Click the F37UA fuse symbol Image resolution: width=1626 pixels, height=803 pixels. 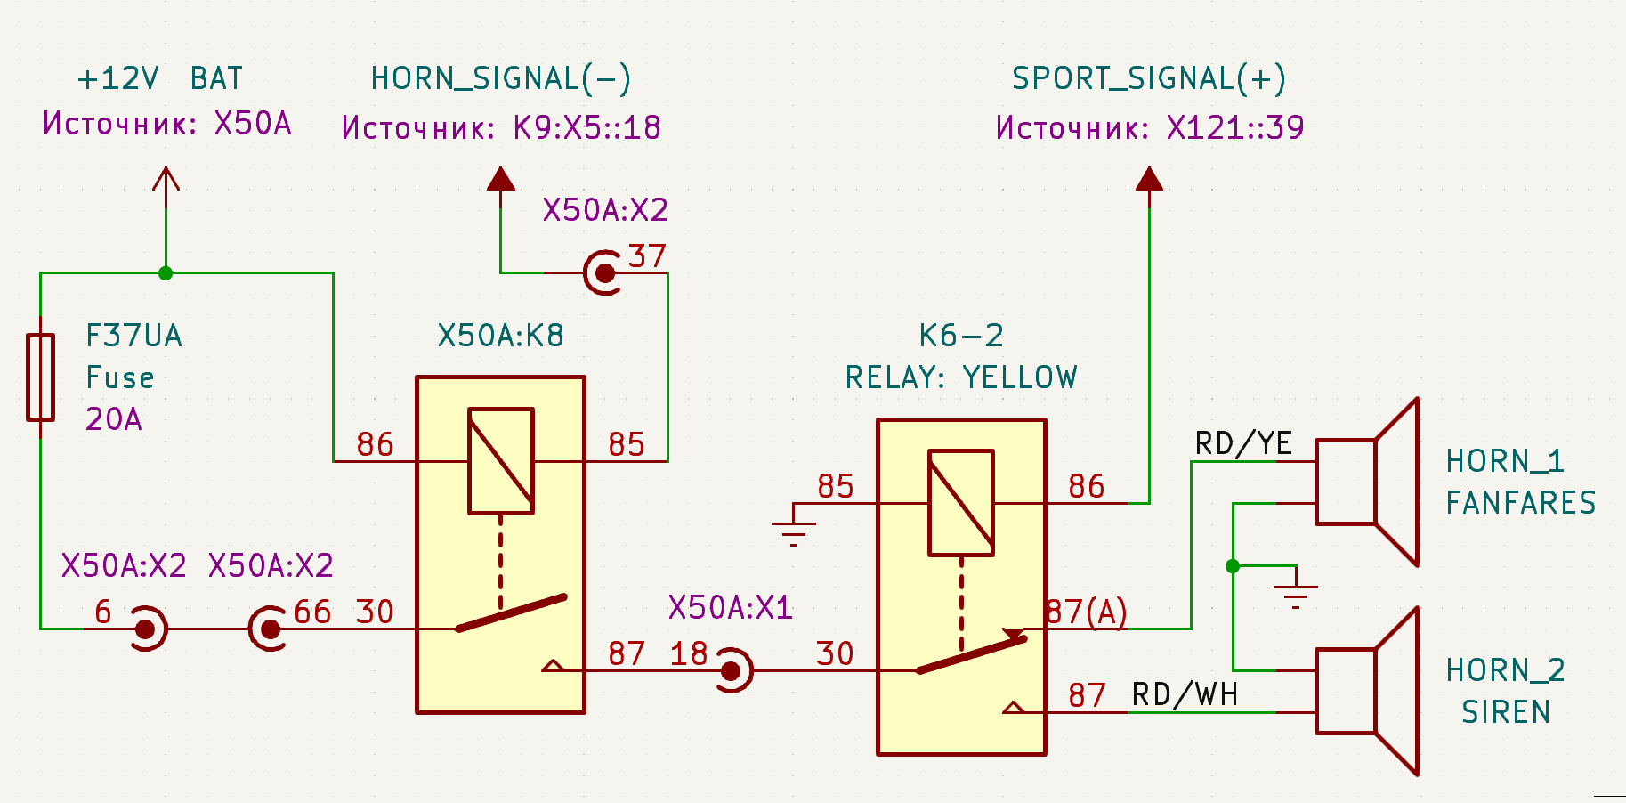[40, 377]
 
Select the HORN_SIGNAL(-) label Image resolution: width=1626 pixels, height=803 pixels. [501, 78]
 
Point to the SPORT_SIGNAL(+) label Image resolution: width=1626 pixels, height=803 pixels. [1149, 78]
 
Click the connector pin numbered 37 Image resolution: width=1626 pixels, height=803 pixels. [605, 272]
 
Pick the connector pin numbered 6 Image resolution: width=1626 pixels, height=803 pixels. [146, 629]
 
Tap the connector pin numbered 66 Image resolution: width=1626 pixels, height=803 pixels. [270, 629]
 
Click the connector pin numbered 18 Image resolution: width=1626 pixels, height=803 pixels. [731, 671]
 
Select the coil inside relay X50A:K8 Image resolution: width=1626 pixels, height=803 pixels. [501, 461]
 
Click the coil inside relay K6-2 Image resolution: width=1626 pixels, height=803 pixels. [961, 503]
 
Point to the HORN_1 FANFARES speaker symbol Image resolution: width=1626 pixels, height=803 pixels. [1366, 482]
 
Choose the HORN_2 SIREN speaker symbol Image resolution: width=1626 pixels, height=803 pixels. [1366, 692]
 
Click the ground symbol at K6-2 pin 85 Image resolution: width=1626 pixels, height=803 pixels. [793, 531]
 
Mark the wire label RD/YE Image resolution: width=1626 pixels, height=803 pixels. [1243, 443]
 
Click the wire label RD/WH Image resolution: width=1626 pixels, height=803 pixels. [1185, 694]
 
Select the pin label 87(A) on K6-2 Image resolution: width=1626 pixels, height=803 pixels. [1087, 612]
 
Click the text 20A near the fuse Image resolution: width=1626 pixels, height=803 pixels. [114, 419]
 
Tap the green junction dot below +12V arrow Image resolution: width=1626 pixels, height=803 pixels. [166, 273]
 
